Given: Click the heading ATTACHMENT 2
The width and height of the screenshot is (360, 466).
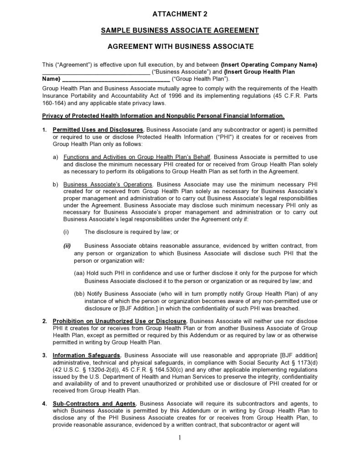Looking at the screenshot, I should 180,14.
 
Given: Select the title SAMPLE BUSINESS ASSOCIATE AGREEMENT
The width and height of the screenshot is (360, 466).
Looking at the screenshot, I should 180,31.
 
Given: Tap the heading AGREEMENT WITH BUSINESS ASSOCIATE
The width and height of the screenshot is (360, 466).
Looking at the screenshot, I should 180,47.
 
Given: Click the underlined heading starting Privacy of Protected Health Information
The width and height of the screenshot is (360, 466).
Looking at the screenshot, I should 163,115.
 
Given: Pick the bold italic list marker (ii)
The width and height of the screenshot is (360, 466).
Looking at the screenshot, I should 67,246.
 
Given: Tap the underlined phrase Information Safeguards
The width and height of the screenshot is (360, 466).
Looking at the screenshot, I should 87,355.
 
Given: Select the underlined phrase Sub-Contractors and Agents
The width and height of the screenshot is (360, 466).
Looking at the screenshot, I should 94,404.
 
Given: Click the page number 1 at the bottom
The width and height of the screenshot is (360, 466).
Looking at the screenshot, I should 180,438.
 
